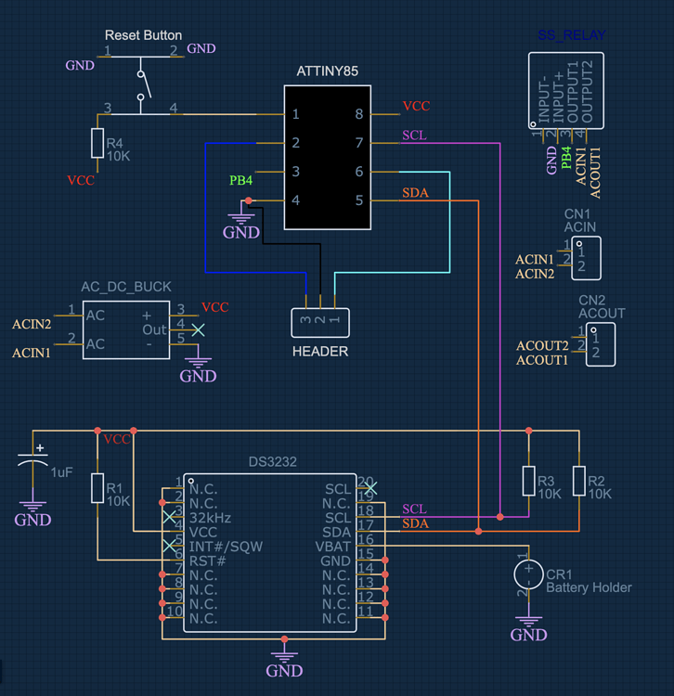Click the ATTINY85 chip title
[x=327, y=71]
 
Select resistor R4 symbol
[x=97, y=144]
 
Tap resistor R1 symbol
[x=97, y=487]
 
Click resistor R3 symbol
[x=528, y=481]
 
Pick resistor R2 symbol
[x=579, y=481]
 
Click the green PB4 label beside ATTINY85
[x=240, y=180]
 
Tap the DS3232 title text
[x=273, y=461]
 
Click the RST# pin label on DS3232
[x=207, y=561]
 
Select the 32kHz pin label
[x=210, y=518]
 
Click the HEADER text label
[x=319, y=351]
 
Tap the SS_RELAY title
[x=572, y=36]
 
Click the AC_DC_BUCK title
[x=126, y=287]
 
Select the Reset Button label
[x=143, y=35]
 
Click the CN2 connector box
[x=600, y=344]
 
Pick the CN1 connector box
[x=587, y=258]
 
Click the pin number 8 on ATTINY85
[x=358, y=114]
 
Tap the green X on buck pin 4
[x=197, y=329]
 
